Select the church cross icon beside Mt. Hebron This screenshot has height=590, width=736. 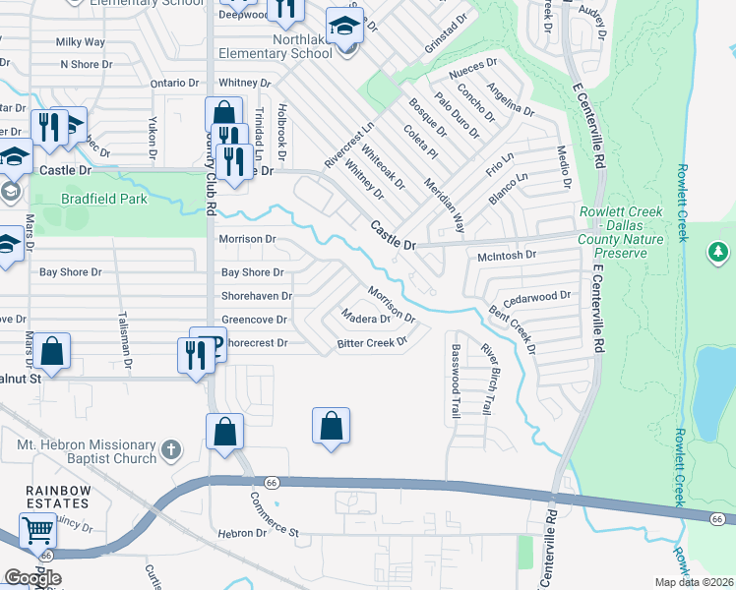(171, 450)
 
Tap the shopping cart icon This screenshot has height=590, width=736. (37, 531)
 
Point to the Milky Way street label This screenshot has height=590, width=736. (81, 42)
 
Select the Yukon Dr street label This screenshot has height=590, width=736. (153, 138)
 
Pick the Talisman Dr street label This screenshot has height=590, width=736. (128, 350)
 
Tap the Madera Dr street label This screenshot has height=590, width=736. (365, 319)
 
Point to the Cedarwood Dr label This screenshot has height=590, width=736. (536, 296)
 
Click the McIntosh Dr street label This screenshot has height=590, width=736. (506, 255)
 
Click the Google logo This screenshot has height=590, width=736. (32, 577)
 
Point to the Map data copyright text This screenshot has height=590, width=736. (693, 582)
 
